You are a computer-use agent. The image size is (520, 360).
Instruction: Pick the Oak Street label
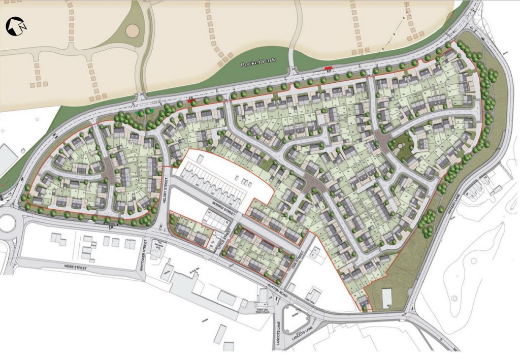point(299,254)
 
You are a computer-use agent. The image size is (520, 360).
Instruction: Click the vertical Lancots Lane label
point(279,335)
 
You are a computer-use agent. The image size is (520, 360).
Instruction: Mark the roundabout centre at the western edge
point(7,223)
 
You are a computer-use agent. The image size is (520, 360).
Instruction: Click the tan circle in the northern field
point(133,30)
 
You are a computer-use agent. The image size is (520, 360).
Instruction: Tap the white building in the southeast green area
point(387,298)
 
